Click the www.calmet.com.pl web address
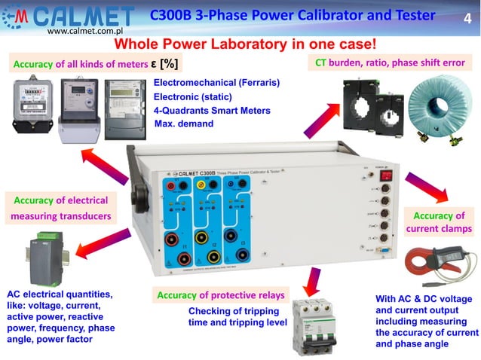(84, 33)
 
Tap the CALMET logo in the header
(71, 17)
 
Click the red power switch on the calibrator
(388, 175)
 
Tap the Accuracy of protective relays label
(220, 295)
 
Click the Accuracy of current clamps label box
(439, 222)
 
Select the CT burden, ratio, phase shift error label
(390, 63)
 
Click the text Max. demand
(183, 124)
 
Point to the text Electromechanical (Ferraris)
(216, 82)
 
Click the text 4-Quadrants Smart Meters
(212, 111)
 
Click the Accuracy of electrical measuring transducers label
(61, 209)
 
